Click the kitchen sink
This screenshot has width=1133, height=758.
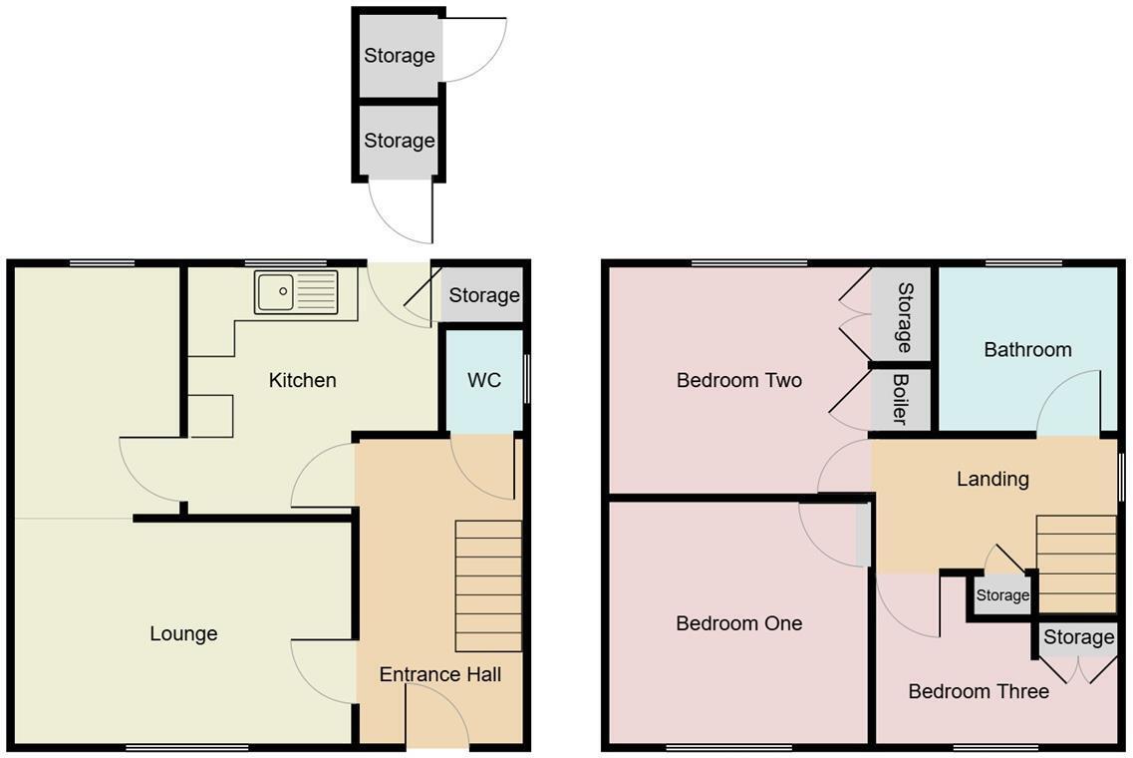296,292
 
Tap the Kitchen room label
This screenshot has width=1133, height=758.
302,380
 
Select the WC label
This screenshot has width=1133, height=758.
484,381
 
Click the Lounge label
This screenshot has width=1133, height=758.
183,633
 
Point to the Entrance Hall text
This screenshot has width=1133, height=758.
439,674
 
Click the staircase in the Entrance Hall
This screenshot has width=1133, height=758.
488,585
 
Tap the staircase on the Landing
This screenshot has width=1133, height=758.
1075,564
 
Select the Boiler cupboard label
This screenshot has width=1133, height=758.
901,400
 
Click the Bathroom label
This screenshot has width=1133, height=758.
1027,349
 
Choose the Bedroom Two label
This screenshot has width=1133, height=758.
738,380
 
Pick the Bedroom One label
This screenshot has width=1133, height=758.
738,623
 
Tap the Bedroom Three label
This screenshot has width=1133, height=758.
978,691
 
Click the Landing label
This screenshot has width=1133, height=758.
991,479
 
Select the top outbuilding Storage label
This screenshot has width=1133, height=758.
399,56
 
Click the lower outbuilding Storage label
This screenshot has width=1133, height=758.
399,141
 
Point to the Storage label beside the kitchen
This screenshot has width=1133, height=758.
483,295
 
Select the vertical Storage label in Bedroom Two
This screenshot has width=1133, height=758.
904,317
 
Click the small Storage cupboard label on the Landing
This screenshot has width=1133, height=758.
1001,595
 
